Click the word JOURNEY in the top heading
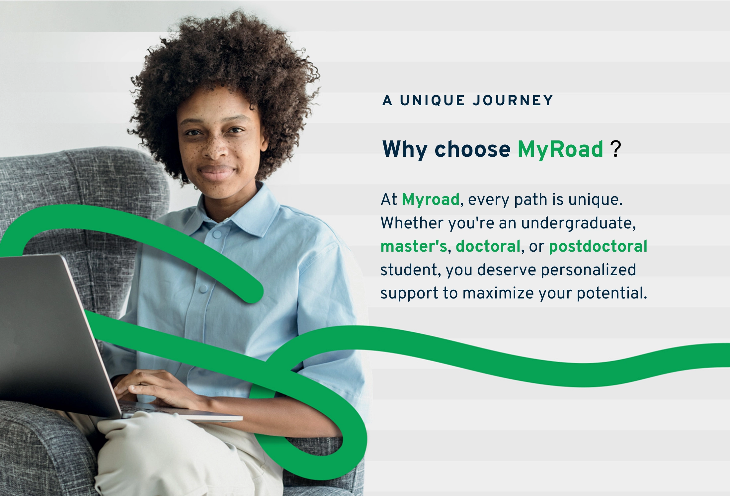pos(513,100)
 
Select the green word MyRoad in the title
pos(560,149)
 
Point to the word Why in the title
pos(405,149)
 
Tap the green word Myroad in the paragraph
pos(431,200)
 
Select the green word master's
pos(414,246)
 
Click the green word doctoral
pos(488,246)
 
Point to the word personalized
pos(588,270)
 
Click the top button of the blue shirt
pos(217,234)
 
